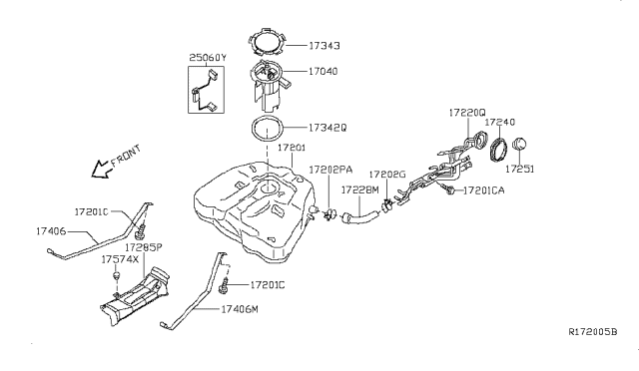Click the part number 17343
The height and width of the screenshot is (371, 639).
tap(323, 46)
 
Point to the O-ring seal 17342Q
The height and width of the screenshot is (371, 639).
tap(252, 128)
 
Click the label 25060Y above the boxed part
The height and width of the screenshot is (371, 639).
tap(208, 58)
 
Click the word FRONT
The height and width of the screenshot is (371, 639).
tap(126, 156)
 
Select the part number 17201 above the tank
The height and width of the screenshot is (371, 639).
tap(292, 148)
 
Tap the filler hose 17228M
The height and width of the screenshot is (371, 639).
tap(360, 214)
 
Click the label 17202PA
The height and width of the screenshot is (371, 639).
tap(330, 170)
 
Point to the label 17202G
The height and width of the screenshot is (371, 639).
tap(387, 175)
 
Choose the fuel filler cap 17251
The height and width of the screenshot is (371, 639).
tap(519, 145)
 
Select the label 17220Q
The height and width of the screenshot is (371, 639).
tap(467, 113)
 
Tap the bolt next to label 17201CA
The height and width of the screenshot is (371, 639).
tap(449, 189)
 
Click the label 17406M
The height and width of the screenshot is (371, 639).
tap(240, 309)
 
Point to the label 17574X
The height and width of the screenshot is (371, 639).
tap(120, 259)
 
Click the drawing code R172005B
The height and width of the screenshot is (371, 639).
tap(593, 332)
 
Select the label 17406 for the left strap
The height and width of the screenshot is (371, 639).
tap(51, 231)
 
